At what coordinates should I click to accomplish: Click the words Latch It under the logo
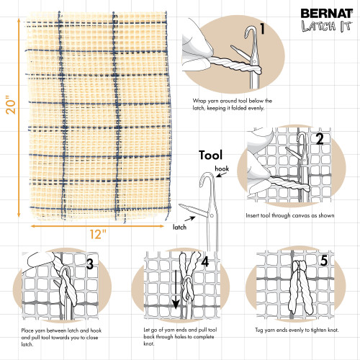(x=325, y=29)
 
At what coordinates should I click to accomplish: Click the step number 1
(x=263, y=30)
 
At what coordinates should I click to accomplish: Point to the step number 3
(x=89, y=264)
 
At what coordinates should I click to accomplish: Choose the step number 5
(x=324, y=261)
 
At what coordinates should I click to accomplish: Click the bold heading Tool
(x=210, y=155)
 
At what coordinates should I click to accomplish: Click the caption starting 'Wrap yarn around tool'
(x=229, y=104)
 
